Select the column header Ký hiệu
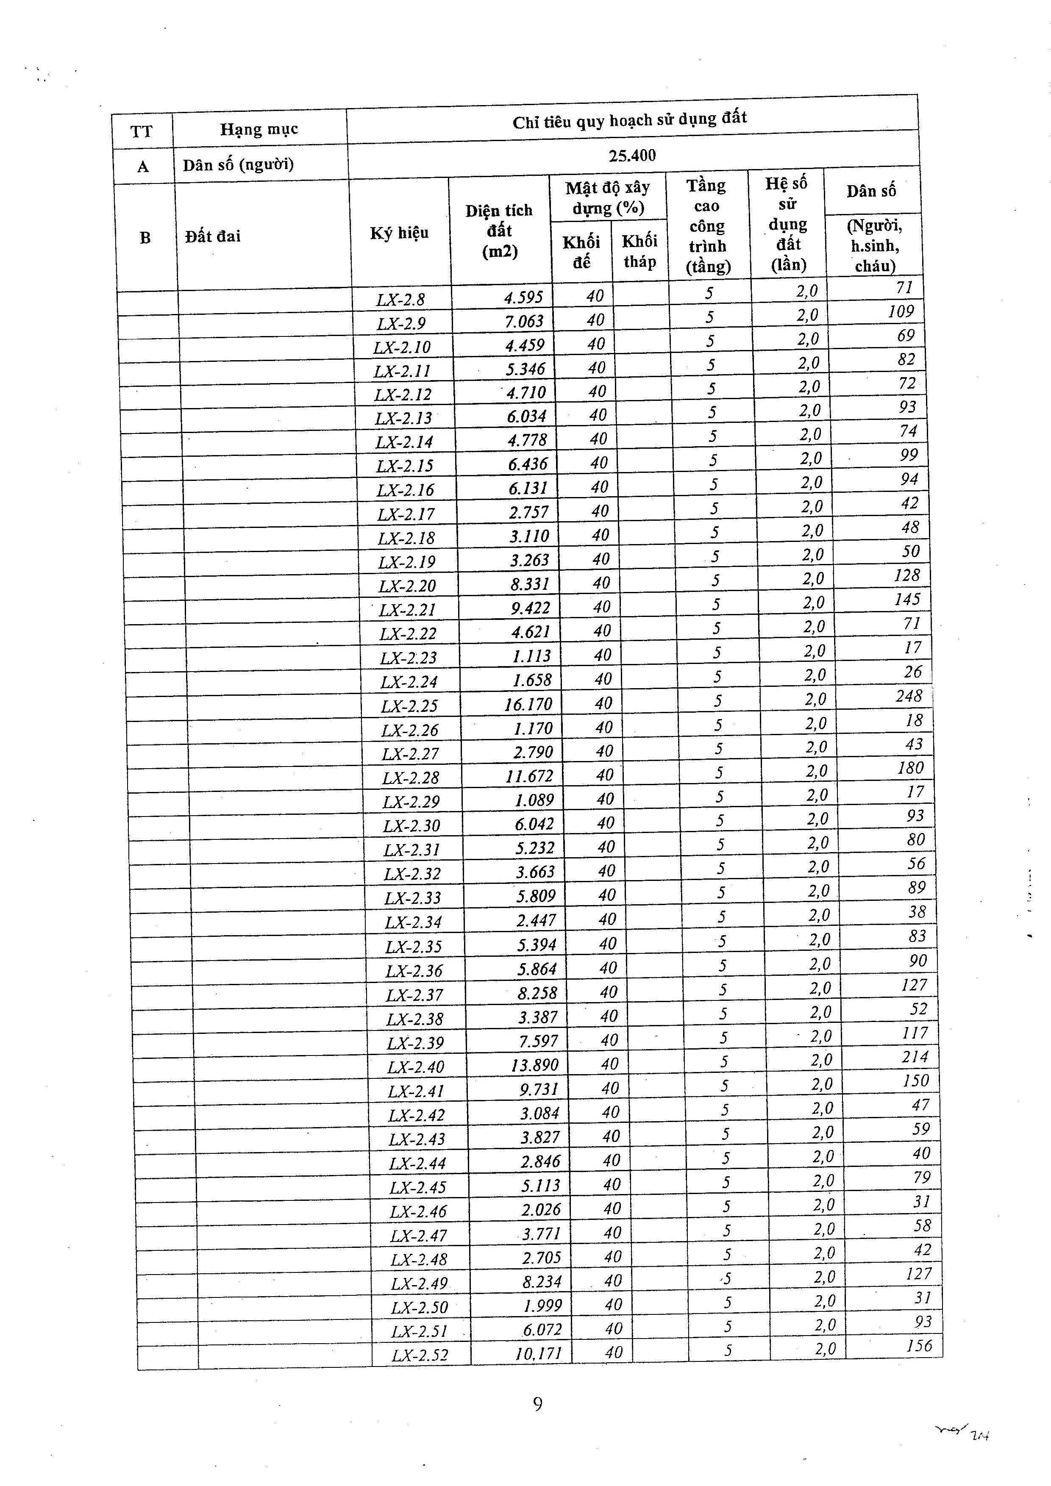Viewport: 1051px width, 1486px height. [x=399, y=233]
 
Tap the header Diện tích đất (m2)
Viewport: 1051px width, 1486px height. [x=499, y=231]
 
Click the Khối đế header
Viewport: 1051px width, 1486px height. [x=581, y=251]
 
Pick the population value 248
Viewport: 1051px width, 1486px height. [x=909, y=696]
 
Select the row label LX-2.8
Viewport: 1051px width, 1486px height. [x=400, y=300]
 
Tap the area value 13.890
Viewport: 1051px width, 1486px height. [x=534, y=1065]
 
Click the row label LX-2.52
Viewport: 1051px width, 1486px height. [x=420, y=1355]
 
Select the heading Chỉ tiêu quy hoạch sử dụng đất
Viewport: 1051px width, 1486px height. [x=630, y=120]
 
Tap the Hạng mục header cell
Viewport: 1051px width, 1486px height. [x=259, y=129]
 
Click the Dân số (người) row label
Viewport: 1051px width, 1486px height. [x=238, y=164]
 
